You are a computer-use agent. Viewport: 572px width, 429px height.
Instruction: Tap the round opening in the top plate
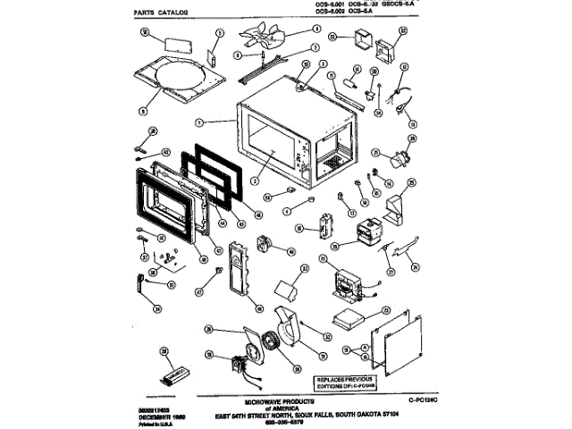pos(182,82)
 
